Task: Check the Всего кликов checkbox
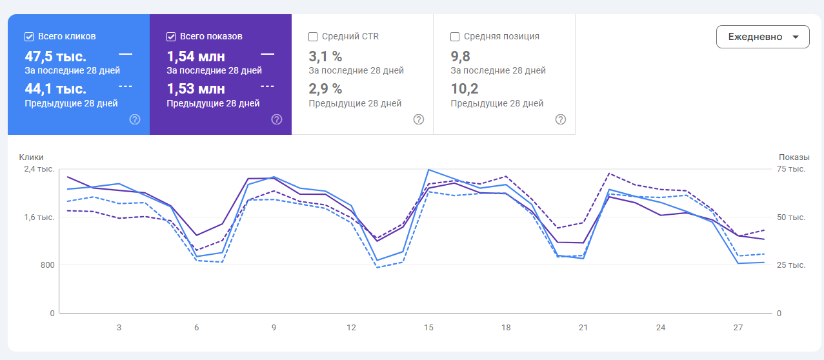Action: tap(29, 37)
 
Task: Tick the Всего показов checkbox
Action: tap(171, 37)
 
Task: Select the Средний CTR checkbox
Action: tap(313, 37)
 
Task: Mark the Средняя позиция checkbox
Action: tap(455, 37)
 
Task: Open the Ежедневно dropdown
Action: tap(762, 37)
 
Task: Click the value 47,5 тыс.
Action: tap(55, 56)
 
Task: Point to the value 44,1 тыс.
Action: tap(55, 88)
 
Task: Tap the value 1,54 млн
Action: tap(196, 56)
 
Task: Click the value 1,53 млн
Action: tap(196, 88)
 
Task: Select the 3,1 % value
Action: tap(325, 56)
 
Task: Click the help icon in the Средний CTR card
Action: tap(419, 119)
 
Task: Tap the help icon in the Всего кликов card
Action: tap(135, 119)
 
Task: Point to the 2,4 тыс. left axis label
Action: tap(40, 169)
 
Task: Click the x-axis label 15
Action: tap(428, 328)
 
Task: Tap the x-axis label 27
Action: tap(738, 328)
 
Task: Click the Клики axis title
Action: tap(31, 157)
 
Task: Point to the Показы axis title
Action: tap(794, 157)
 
